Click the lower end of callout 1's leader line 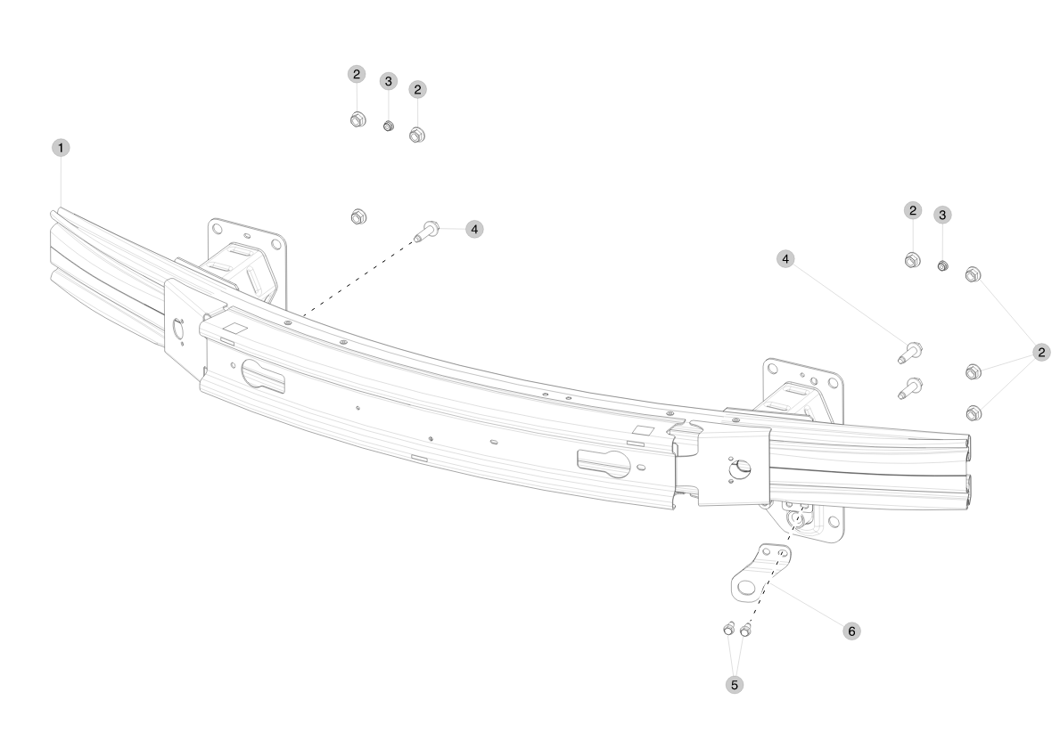click(x=61, y=208)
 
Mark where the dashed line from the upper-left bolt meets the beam click(x=303, y=316)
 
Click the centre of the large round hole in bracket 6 click(x=746, y=586)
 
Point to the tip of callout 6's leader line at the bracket click(x=770, y=584)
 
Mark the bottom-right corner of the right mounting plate click(x=842, y=541)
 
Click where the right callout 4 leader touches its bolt click(x=905, y=344)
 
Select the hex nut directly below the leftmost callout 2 click(x=357, y=119)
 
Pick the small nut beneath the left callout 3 click(x=388, y=126)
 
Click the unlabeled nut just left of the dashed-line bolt click(x=359, y=216)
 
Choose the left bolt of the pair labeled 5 click(x=728, y=629)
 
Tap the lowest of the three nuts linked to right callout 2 click(x=974, y=412)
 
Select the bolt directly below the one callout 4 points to click(x=908, y=388)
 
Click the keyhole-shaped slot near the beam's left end click(x=263, y=376)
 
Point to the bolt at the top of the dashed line click(x=426, y=231)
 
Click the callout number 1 click(x=61, y=148)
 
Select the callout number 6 click(x=851, y=631)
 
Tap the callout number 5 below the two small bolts click(x=735, y=685)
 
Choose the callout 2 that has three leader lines click(x=1041, y=352)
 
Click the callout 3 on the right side click(x=942, y=216)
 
